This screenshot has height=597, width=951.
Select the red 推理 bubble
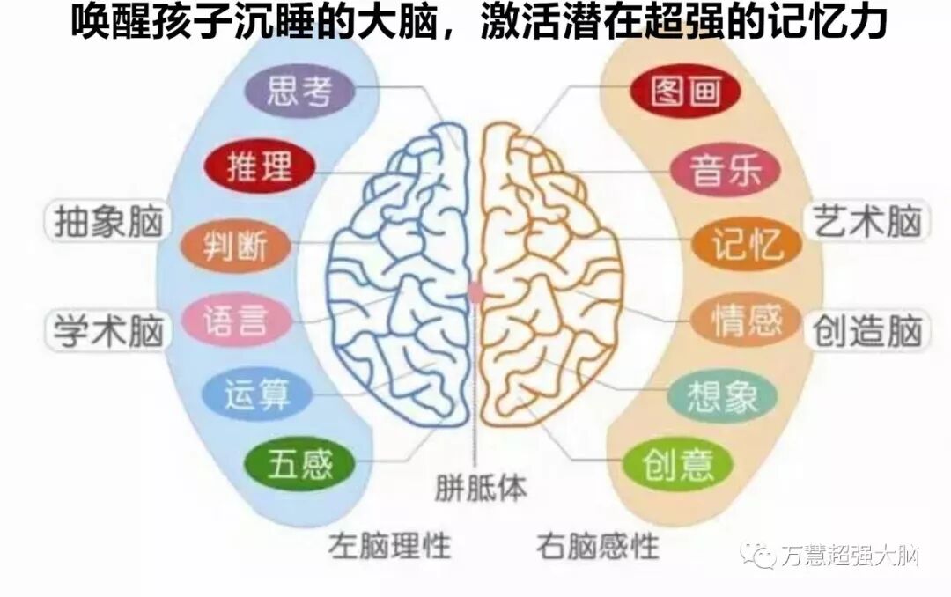[x=259, y=166]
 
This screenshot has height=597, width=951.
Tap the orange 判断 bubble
[x=234, y=244]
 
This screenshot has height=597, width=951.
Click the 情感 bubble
[x=747, y=321]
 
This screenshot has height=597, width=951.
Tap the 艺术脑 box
[x=866, y=221]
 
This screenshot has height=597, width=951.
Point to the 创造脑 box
[x=866, y=332]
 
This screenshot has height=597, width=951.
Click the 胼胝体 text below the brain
[x=481, y=488]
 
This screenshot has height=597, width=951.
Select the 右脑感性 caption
[x=598, y=546]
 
